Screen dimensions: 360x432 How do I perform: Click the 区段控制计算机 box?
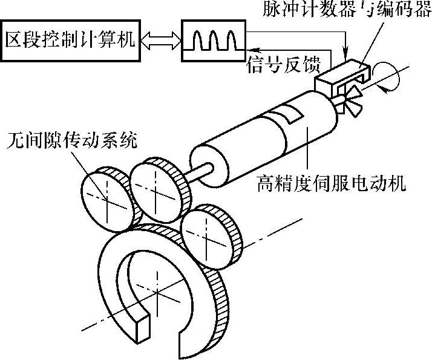click(x=70, y=40)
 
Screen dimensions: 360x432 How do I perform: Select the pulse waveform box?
click(x=212, y=41)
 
